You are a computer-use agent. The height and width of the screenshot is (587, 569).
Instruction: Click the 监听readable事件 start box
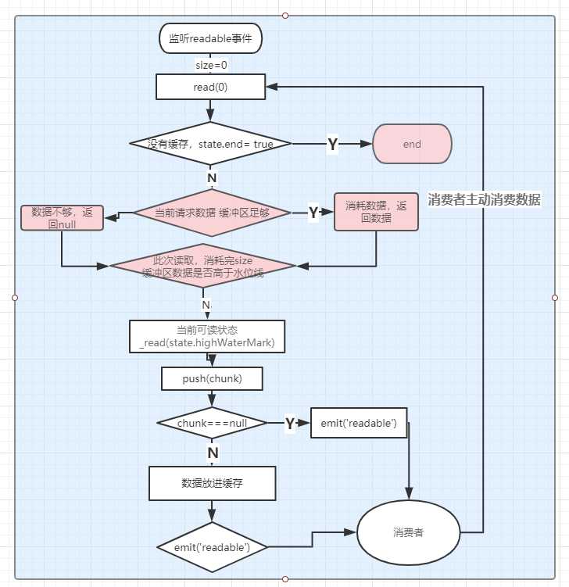pyautogui.click(x=210, y=38)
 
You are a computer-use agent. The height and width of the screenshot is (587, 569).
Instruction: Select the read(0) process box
pyautogui.click(x=210, y=87)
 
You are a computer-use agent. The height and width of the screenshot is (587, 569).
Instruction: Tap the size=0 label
pyautogui.click(x=210, y=65)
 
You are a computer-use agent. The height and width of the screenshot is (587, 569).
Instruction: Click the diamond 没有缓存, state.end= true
pyautogui.click(x=209, y=144)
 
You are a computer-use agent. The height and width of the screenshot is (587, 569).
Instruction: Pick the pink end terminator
pyautogui.click(x=412, y=144)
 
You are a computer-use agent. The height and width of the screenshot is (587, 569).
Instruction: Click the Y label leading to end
pyautogui.click(x=332, y=144)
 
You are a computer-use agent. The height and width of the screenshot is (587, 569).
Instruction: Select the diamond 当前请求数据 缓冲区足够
pyautogui.click(x=212, y=213)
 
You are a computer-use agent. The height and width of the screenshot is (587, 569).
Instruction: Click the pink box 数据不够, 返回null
pyautogui.click(x=62, y=217)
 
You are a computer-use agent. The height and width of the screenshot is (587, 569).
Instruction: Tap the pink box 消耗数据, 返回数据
pyautogui.click(x=376, y=212)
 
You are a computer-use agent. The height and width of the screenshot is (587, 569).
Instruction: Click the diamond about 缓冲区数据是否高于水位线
pyautogui.click(x=203, y=266)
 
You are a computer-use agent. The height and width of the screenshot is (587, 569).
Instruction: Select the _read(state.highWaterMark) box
pyautogui.click(x=206, y=336)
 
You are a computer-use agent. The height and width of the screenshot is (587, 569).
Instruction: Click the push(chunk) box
pyautogui.click(x=211, y=379)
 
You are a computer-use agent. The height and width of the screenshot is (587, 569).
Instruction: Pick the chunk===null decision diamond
pyautogui.click(x=212, y=423)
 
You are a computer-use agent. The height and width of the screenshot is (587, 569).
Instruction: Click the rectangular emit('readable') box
pyautogui.click(x=359, y=423)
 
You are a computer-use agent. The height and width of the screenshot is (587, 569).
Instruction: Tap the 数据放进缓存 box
pyautogui.click(x=211, y=483)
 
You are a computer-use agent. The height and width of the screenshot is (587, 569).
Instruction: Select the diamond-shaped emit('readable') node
pyautogui.click(x=212, y=546)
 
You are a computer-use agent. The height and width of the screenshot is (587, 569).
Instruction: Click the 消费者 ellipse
pyautogui.click(x=409, y=532)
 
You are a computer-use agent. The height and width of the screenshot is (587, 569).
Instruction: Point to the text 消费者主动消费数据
pyautogui.click(x=484, y=199)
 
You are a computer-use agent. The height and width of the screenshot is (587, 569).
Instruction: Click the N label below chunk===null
pyautogui.click(x=212, y=453)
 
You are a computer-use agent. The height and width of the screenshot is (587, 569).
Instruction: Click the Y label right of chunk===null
pyautogui.click(x=289, y=423)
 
